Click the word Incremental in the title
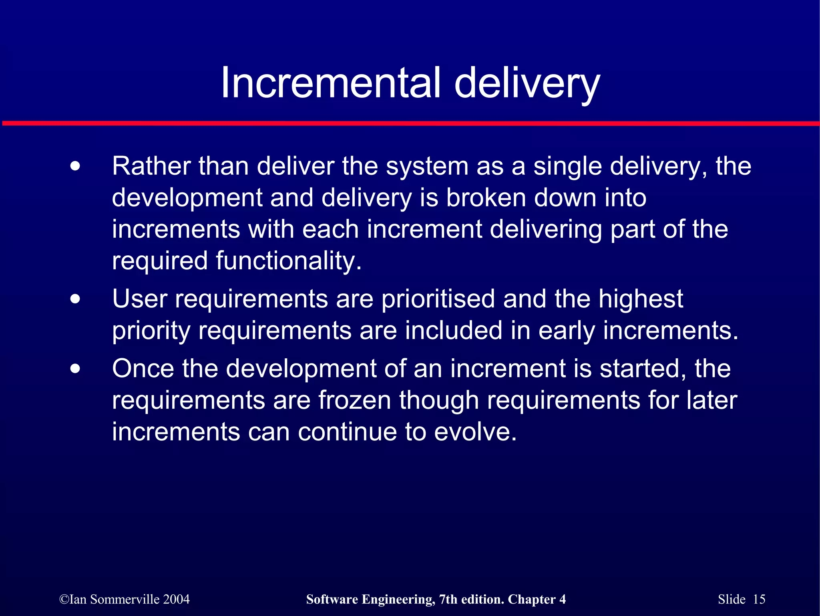(331, 83)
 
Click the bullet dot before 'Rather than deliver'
(75, 166)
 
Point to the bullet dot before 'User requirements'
(75, 299)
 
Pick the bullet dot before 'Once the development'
(75, 369)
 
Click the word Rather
(151, 166)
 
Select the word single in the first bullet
(567, 167)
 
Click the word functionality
(288, 261)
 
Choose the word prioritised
(438, 299)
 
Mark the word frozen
(354, 400)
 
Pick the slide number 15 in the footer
(759, 599)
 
